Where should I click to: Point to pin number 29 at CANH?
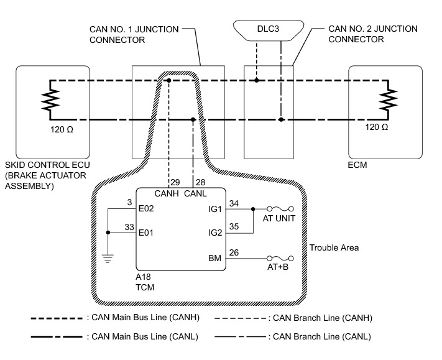click(175, 182)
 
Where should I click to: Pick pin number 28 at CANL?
click(201, 182)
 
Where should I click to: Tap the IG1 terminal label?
click(215, 209)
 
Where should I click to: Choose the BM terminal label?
click(214, 257)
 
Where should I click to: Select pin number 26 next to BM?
click(234, 252)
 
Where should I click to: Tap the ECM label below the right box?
click(359, 167)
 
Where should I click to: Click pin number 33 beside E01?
click(130, 228)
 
